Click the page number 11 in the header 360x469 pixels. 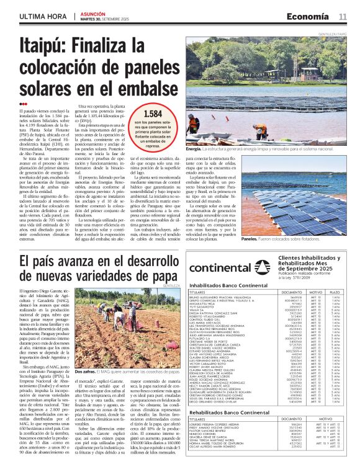tap(343, 16)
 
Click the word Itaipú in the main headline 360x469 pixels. tap(46, 45)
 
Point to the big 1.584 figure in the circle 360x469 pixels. tap(152, 114)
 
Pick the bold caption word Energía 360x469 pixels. tap(194, 150)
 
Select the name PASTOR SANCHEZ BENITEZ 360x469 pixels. tap(209, 431)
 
